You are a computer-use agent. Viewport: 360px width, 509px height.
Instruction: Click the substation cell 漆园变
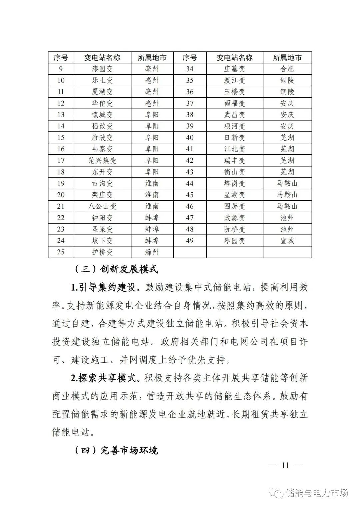(x=102, y=69)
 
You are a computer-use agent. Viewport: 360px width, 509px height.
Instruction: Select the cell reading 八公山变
(x=102, y=206)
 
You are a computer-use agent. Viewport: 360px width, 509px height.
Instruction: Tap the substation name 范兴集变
(x=102, y=161)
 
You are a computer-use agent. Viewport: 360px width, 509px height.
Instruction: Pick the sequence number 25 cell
(x=61, y=252)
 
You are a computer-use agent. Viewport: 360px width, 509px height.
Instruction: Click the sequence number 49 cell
(x=190, y=241)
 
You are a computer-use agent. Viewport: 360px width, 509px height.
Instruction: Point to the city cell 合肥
(x=287, y=69)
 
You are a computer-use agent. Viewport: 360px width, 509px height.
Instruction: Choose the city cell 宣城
(x=287, y=241)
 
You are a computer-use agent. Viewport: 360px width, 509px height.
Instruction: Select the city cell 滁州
(x=152, y=252)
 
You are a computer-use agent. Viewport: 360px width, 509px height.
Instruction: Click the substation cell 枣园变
(x=234, y=241)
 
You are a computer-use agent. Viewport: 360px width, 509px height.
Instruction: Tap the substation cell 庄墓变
(x=234, y=69)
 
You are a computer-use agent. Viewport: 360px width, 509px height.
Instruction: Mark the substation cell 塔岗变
(x=234, y=183)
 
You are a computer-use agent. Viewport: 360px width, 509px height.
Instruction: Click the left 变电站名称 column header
(x=102, y=58)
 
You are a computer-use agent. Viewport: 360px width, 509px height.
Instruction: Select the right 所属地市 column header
(x=287, y=58)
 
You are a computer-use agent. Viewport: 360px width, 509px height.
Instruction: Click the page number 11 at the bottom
(x=285, y=465)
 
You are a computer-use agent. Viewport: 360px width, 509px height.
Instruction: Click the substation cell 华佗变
(x=102, y=103)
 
